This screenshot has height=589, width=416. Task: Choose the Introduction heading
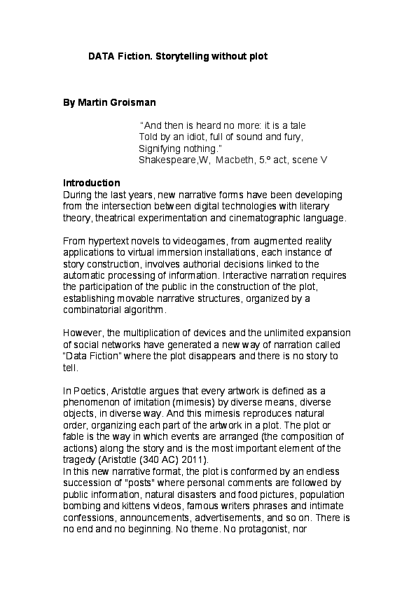(92, 183)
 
